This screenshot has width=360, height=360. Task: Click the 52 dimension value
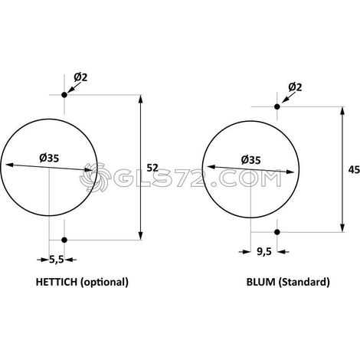pyautogui.click(x=152, y=168)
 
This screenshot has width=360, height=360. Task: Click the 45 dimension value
pyautogui.click(x=354, y=169)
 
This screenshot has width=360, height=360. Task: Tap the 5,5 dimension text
pyautogui.click(x=57, y=260)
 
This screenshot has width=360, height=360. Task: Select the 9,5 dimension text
pyautogui.click(x=264, y=252)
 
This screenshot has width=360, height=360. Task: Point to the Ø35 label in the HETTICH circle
pyautogui.click(x=49, y=158)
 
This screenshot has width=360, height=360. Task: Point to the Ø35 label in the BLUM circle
pyautogui.click(x=250, y=160)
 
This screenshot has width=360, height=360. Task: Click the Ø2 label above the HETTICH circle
pyautogui.click(x=80, y=77)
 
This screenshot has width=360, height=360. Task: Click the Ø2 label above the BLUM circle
pyautogui.click(x=295, y=87)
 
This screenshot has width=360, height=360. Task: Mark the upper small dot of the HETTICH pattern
pyautogui.click(x=64, y=95)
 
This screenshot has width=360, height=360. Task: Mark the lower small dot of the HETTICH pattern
pyautogui.click(x=64, y=240)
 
